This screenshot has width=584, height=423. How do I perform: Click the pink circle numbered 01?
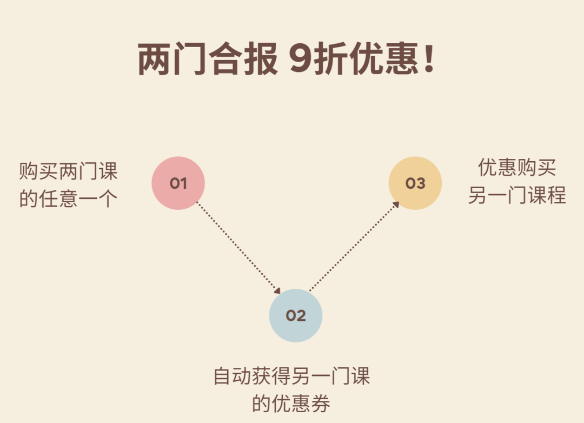click(178, 183)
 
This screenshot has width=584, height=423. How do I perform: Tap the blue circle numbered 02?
click(296, 315)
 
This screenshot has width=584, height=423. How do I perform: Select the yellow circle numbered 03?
click(415, 183)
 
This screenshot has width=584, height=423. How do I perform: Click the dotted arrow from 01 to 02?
click(238, 247)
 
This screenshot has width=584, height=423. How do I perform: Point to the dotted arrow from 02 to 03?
click(354, 246)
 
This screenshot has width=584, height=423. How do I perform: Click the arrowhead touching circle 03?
click(396, 204)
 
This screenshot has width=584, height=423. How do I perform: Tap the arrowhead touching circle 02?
click(277, 290)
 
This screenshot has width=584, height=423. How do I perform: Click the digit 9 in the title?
click(300, 60)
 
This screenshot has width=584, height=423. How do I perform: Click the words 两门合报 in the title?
click(208, 60)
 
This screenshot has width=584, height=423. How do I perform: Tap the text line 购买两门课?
click(68, 171)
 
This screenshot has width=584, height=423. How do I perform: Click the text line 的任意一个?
click(68, 199)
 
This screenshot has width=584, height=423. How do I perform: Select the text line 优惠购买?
click(517, 168)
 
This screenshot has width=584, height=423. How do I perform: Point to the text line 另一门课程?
click(517, 195)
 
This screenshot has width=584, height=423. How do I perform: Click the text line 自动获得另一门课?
click(292, 376)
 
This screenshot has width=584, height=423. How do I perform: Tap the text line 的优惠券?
click(291, 404)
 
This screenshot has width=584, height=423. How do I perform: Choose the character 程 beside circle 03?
click(556, 195)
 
